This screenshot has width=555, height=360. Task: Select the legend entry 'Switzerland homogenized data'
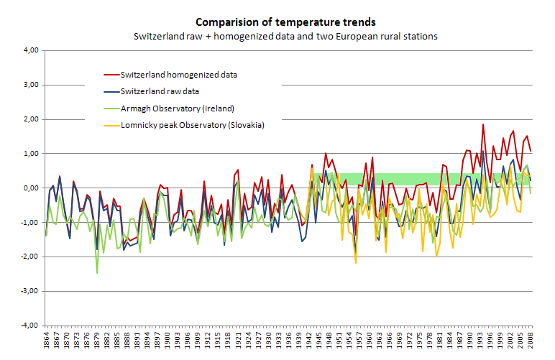pyautogui.click(x=179, y=74)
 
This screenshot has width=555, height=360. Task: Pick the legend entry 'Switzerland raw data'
pyautogui.click(x=160, y=91)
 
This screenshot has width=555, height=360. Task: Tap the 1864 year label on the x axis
pyautogui.click(x=46, y=342)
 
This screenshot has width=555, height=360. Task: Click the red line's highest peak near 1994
pyautogui.click(x=483, y=125)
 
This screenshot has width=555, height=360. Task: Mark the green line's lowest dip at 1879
pyautogui.click(x=97, y=273)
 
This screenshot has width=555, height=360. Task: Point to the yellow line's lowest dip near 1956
pyautogui.click(x=356, y=263)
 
